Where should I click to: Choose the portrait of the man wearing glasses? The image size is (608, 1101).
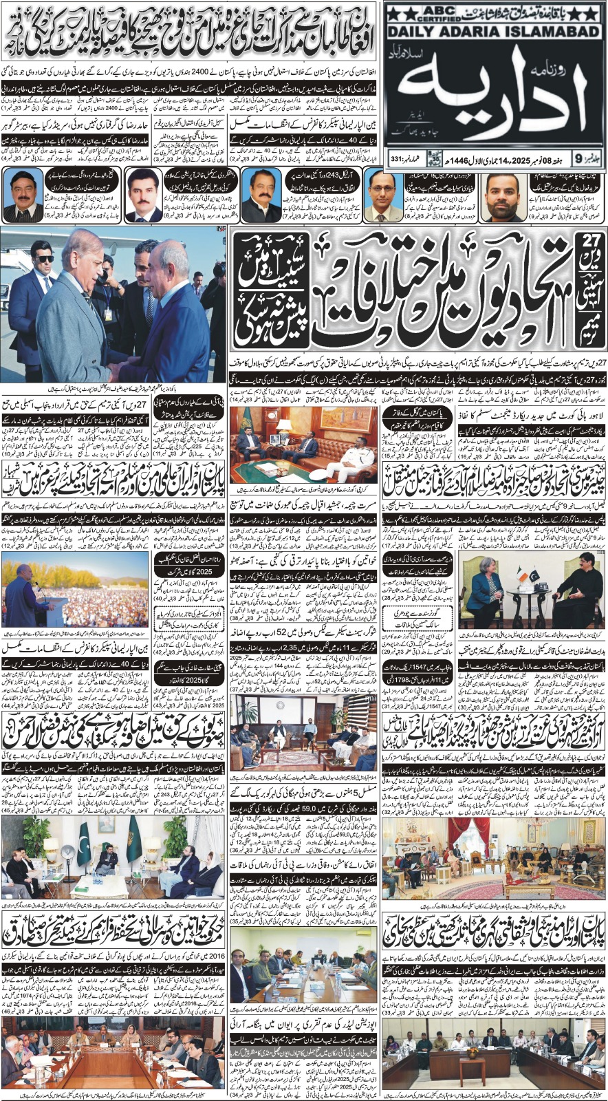(x=381, y=198)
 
